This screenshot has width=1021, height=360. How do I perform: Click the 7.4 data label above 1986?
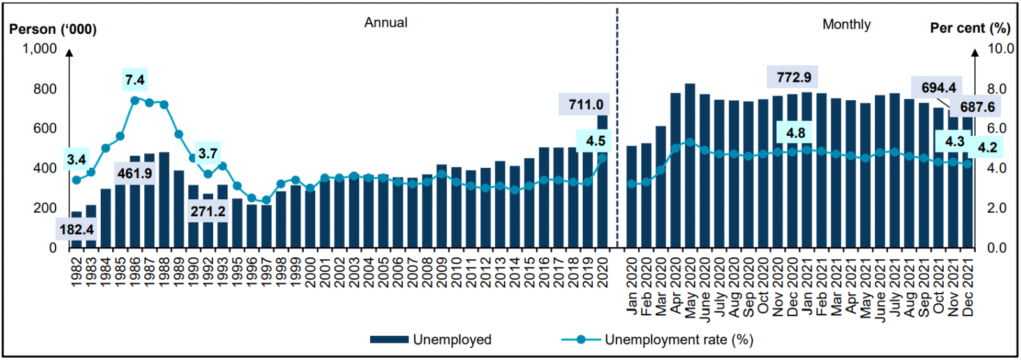135,80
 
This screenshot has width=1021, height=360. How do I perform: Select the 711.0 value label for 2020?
586,105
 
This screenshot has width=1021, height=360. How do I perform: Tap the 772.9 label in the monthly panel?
793,77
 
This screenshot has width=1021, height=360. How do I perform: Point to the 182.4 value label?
77,230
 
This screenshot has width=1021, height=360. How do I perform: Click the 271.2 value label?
207,211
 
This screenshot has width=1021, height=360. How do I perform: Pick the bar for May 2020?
690,166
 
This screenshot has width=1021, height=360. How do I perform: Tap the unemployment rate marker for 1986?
135,100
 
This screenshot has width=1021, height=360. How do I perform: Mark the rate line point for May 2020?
690,142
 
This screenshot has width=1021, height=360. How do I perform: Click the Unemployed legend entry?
431,340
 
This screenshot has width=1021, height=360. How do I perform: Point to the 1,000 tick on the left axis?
40,49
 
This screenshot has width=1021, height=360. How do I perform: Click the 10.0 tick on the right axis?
1001,49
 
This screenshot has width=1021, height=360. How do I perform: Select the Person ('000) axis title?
53,29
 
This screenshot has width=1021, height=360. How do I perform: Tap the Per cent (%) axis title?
970,28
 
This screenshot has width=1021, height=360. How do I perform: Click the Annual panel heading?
385,22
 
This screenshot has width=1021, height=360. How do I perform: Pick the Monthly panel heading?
846,24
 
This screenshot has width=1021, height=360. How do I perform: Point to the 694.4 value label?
938,87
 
